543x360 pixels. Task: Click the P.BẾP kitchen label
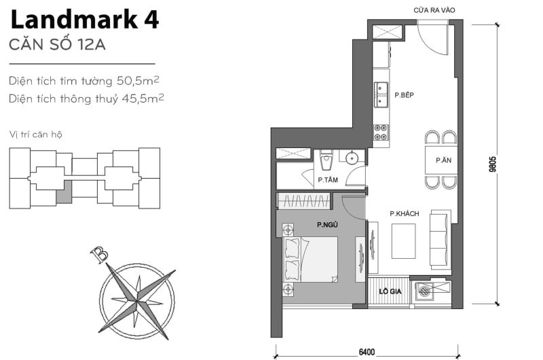tap(405, 96)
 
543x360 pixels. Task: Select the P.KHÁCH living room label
tap(404, 214)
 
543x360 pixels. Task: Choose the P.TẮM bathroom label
tap(329, 181)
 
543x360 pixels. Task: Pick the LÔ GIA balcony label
tap(389, 291)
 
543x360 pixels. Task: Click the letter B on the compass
tap(100, 255)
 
